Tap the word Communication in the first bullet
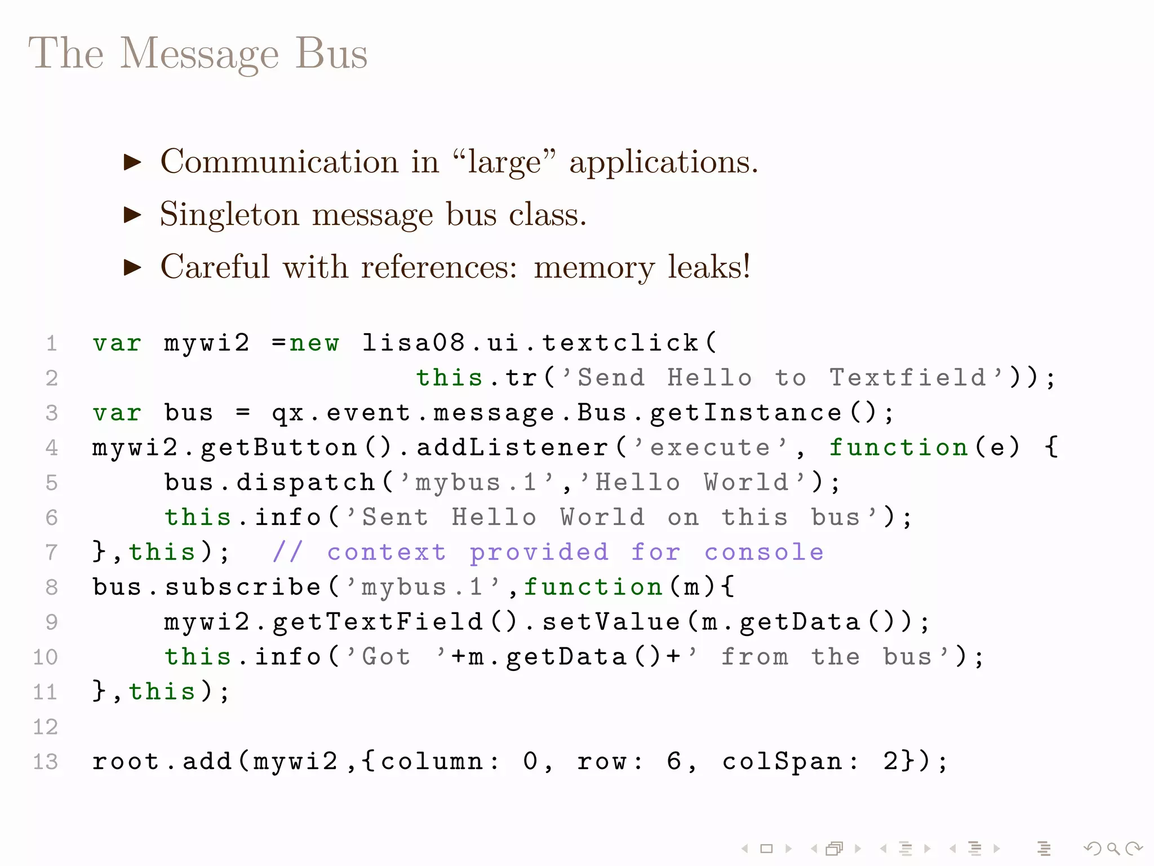pos(279,162)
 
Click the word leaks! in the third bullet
pos(709,267)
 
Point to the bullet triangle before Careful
pos(132,267)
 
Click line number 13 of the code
pos(46,762)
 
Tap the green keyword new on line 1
pos(314,343)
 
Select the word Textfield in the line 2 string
pos(907,378)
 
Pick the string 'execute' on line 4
pos(710,448)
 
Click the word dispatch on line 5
pos(305,483)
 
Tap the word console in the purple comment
pos(764,552)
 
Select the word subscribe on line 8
pos(243,587)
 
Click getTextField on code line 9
pos(378,622)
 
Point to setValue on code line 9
pos(611,622)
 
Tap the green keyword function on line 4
pos(898,448)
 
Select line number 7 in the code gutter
pos(51,552)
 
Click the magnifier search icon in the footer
pos(1113,849)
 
